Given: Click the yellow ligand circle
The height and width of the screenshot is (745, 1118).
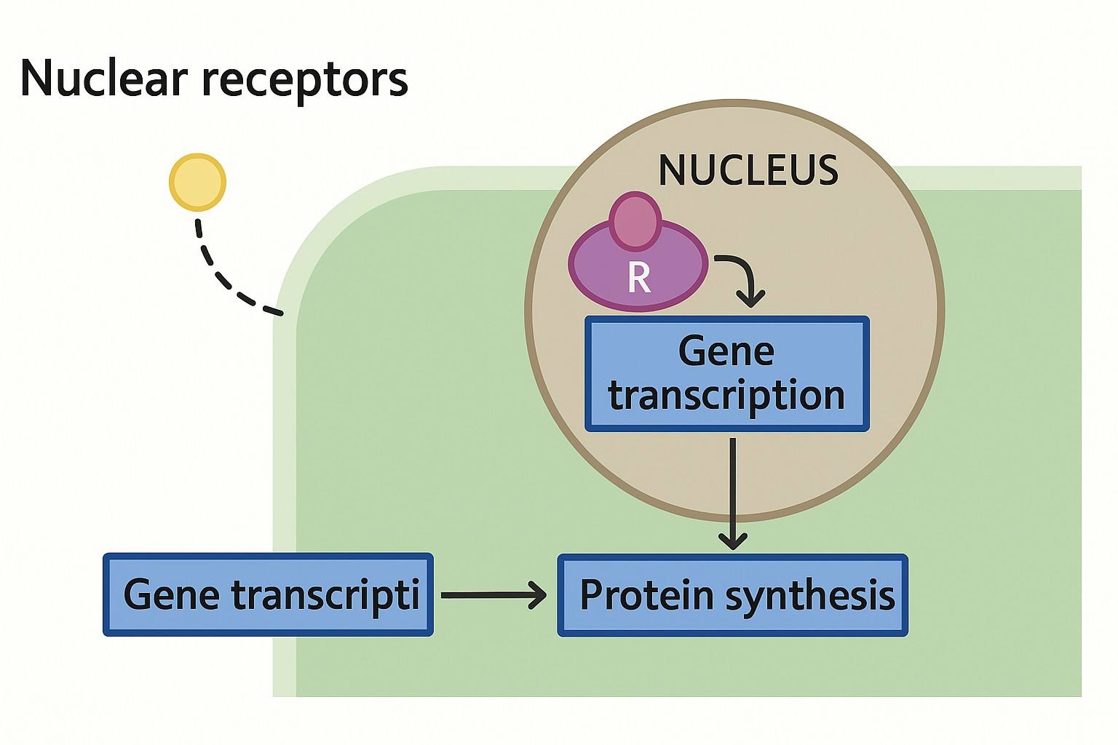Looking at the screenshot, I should point(197,182).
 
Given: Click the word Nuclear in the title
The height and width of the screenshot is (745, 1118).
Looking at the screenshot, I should point(104,78).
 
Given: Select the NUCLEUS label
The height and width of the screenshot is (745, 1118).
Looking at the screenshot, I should point(748,170).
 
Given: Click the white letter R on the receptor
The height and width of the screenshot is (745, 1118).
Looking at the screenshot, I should point(638,277).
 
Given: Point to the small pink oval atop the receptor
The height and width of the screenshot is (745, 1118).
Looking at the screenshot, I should point(636,220).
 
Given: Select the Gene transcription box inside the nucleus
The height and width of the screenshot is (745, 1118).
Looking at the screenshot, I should point(727,374).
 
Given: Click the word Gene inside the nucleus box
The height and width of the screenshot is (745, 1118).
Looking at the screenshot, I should point(726,352).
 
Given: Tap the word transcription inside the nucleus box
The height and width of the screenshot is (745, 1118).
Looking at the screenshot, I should point(726,396).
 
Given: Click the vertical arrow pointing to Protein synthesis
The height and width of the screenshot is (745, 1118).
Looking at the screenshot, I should point(732,487).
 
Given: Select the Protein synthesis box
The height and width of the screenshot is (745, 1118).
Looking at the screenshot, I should point(732,595).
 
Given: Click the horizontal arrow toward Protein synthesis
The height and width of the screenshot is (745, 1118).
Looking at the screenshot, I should point(493,595).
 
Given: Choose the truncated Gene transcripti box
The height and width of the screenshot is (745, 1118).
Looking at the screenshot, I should point(268,595).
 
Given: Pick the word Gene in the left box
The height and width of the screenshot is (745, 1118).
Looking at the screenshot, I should point(172,594).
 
